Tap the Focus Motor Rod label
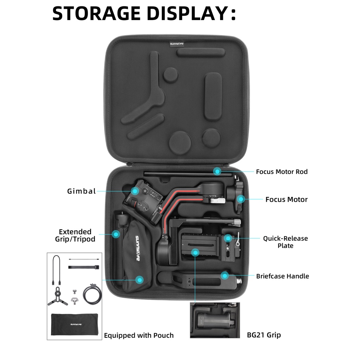point(282,172)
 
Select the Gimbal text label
point(82,191)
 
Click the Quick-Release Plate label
point(285,242)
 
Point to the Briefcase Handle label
point(282,276)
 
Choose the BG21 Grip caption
point(264,335)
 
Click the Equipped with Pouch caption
point(139,335)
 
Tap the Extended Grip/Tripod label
point(75,236)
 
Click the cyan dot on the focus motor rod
point(218,171)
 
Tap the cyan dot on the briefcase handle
point(225,276)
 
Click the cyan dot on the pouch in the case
point(140,280)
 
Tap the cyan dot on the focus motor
point(240,199)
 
